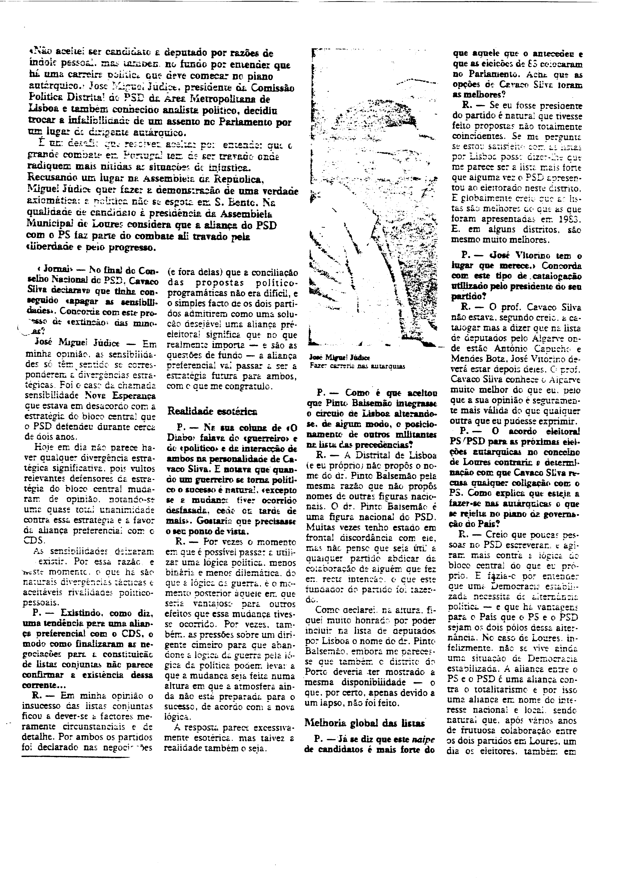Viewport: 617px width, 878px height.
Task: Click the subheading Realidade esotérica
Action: [212, 411]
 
